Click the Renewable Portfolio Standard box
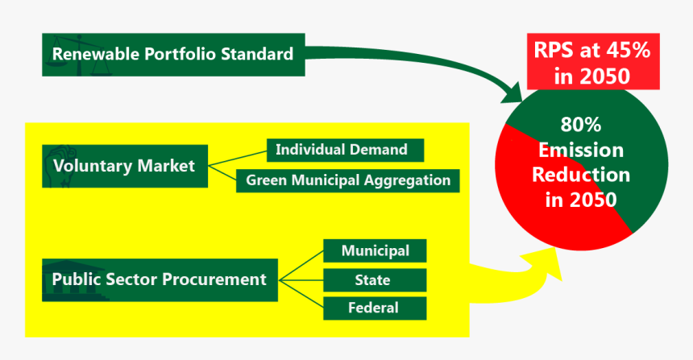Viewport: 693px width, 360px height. tap(173, 55)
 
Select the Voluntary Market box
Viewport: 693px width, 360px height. tap(124, 166)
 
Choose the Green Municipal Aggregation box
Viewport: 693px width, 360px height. tap(348, 180)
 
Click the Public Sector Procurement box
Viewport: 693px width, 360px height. tap(160, 279)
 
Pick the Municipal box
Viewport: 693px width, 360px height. tap(375, 251)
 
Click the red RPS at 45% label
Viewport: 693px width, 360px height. tap(592, 63)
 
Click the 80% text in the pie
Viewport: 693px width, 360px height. tap(581, 125)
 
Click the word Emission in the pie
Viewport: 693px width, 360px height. tap(581, 150)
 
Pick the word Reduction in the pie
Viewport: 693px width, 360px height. tap(581, 175)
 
